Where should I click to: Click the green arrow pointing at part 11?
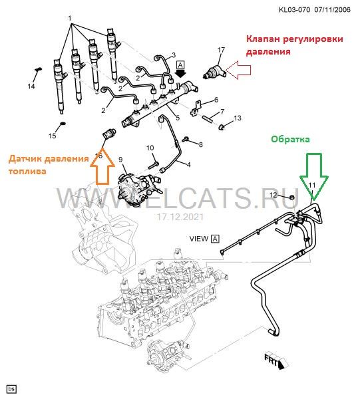[x=314, y=176]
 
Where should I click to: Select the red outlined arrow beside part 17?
[x=238, y=70]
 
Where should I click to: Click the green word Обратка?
[x=291, y=139]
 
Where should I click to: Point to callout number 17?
[x=221, y=50]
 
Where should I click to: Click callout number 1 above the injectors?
[x=69, y=19]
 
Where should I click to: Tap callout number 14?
[x=31, y=86]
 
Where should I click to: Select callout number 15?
[x=52, y=136]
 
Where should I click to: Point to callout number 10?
[x=150, y=148]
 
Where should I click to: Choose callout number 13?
[x=238, y=118]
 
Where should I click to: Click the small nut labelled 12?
[x=292, y=198]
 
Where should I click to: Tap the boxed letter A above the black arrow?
[x=180, y=65]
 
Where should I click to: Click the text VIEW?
[x=198, y=239]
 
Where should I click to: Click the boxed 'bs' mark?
[x=12, y=389]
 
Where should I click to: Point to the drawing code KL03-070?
[x=295, y=10]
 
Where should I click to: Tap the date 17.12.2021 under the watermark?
[x=180, y=217]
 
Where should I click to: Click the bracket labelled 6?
[x=196, y=108]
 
